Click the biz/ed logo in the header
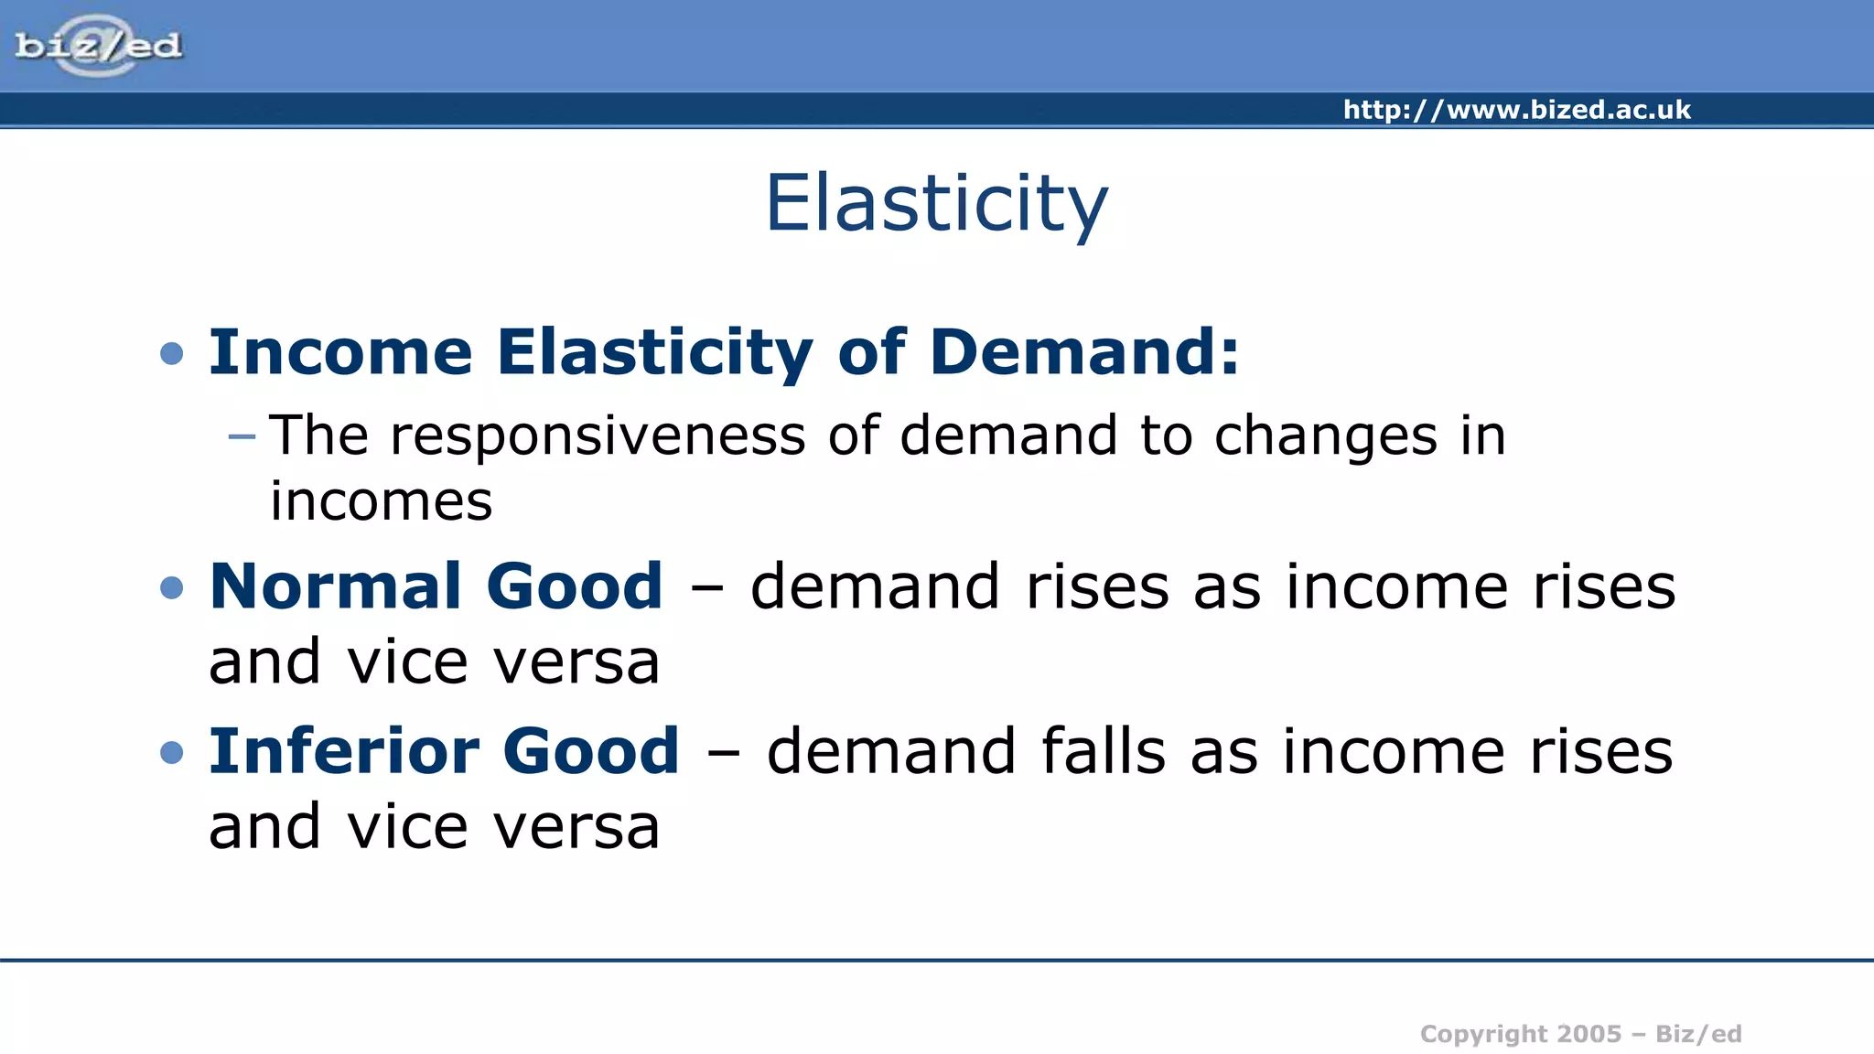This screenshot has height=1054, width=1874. click(98, 45)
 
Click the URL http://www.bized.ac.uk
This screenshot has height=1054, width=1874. click(1516, 110)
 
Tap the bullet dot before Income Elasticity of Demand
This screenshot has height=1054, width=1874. click(171, 353)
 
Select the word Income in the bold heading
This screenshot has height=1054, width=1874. click(340, 352)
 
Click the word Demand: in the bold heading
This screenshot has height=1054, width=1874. click(1084, 352)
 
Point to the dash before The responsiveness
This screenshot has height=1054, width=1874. click(242, 436)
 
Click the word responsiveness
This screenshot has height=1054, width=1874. click(598, 436)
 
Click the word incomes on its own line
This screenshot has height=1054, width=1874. click(381, 502)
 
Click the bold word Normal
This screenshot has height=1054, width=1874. click(334, 586)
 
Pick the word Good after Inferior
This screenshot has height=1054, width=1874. click(591, 751)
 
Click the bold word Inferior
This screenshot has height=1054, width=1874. click(344, 751)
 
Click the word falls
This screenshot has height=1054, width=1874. click(1104, 751)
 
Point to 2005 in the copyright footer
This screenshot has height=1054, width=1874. click(1589, 1034)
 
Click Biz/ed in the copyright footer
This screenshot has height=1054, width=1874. click(1698, 1034)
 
